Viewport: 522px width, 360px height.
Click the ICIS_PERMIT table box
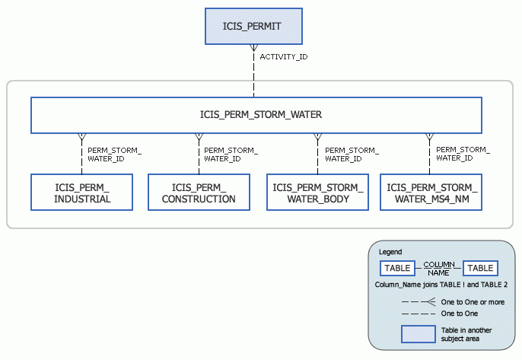(x=253, y=26)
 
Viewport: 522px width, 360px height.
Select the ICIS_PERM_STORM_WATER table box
(x=256, y=116)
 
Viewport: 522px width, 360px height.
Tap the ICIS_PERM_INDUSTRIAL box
(x=81, y=193)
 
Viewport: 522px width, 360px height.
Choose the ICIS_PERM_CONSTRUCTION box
(x=199, y=193)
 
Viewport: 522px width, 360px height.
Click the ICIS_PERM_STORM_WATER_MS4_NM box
(x=431, y=193)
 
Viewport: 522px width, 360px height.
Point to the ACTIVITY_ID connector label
(x=283, y=57)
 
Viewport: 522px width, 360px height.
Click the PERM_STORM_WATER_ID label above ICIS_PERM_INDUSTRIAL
(x=114, y=155)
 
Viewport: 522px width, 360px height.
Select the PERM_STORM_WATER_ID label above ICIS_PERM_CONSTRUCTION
(x=231, y=155)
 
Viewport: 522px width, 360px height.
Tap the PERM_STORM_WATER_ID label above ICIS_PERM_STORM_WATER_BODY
(x=351, y=155)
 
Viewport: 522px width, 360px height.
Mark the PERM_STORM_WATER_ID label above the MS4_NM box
(x=462, y=154)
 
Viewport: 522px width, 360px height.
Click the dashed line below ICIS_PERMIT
(x=253, y=72)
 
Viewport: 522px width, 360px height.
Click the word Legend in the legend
(x=390, y=252)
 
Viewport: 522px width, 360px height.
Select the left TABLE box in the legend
(x=397, y=268)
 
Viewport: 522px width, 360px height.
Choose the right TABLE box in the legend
(x=480, y=268)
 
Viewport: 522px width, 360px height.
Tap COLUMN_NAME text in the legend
(x=438, y=268)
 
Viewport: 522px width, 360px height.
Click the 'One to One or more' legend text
(x=471, y=302)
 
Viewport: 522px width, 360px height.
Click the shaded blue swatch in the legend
(x=417, y=335)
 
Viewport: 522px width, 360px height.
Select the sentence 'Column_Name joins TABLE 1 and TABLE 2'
(x=441, y=285)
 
